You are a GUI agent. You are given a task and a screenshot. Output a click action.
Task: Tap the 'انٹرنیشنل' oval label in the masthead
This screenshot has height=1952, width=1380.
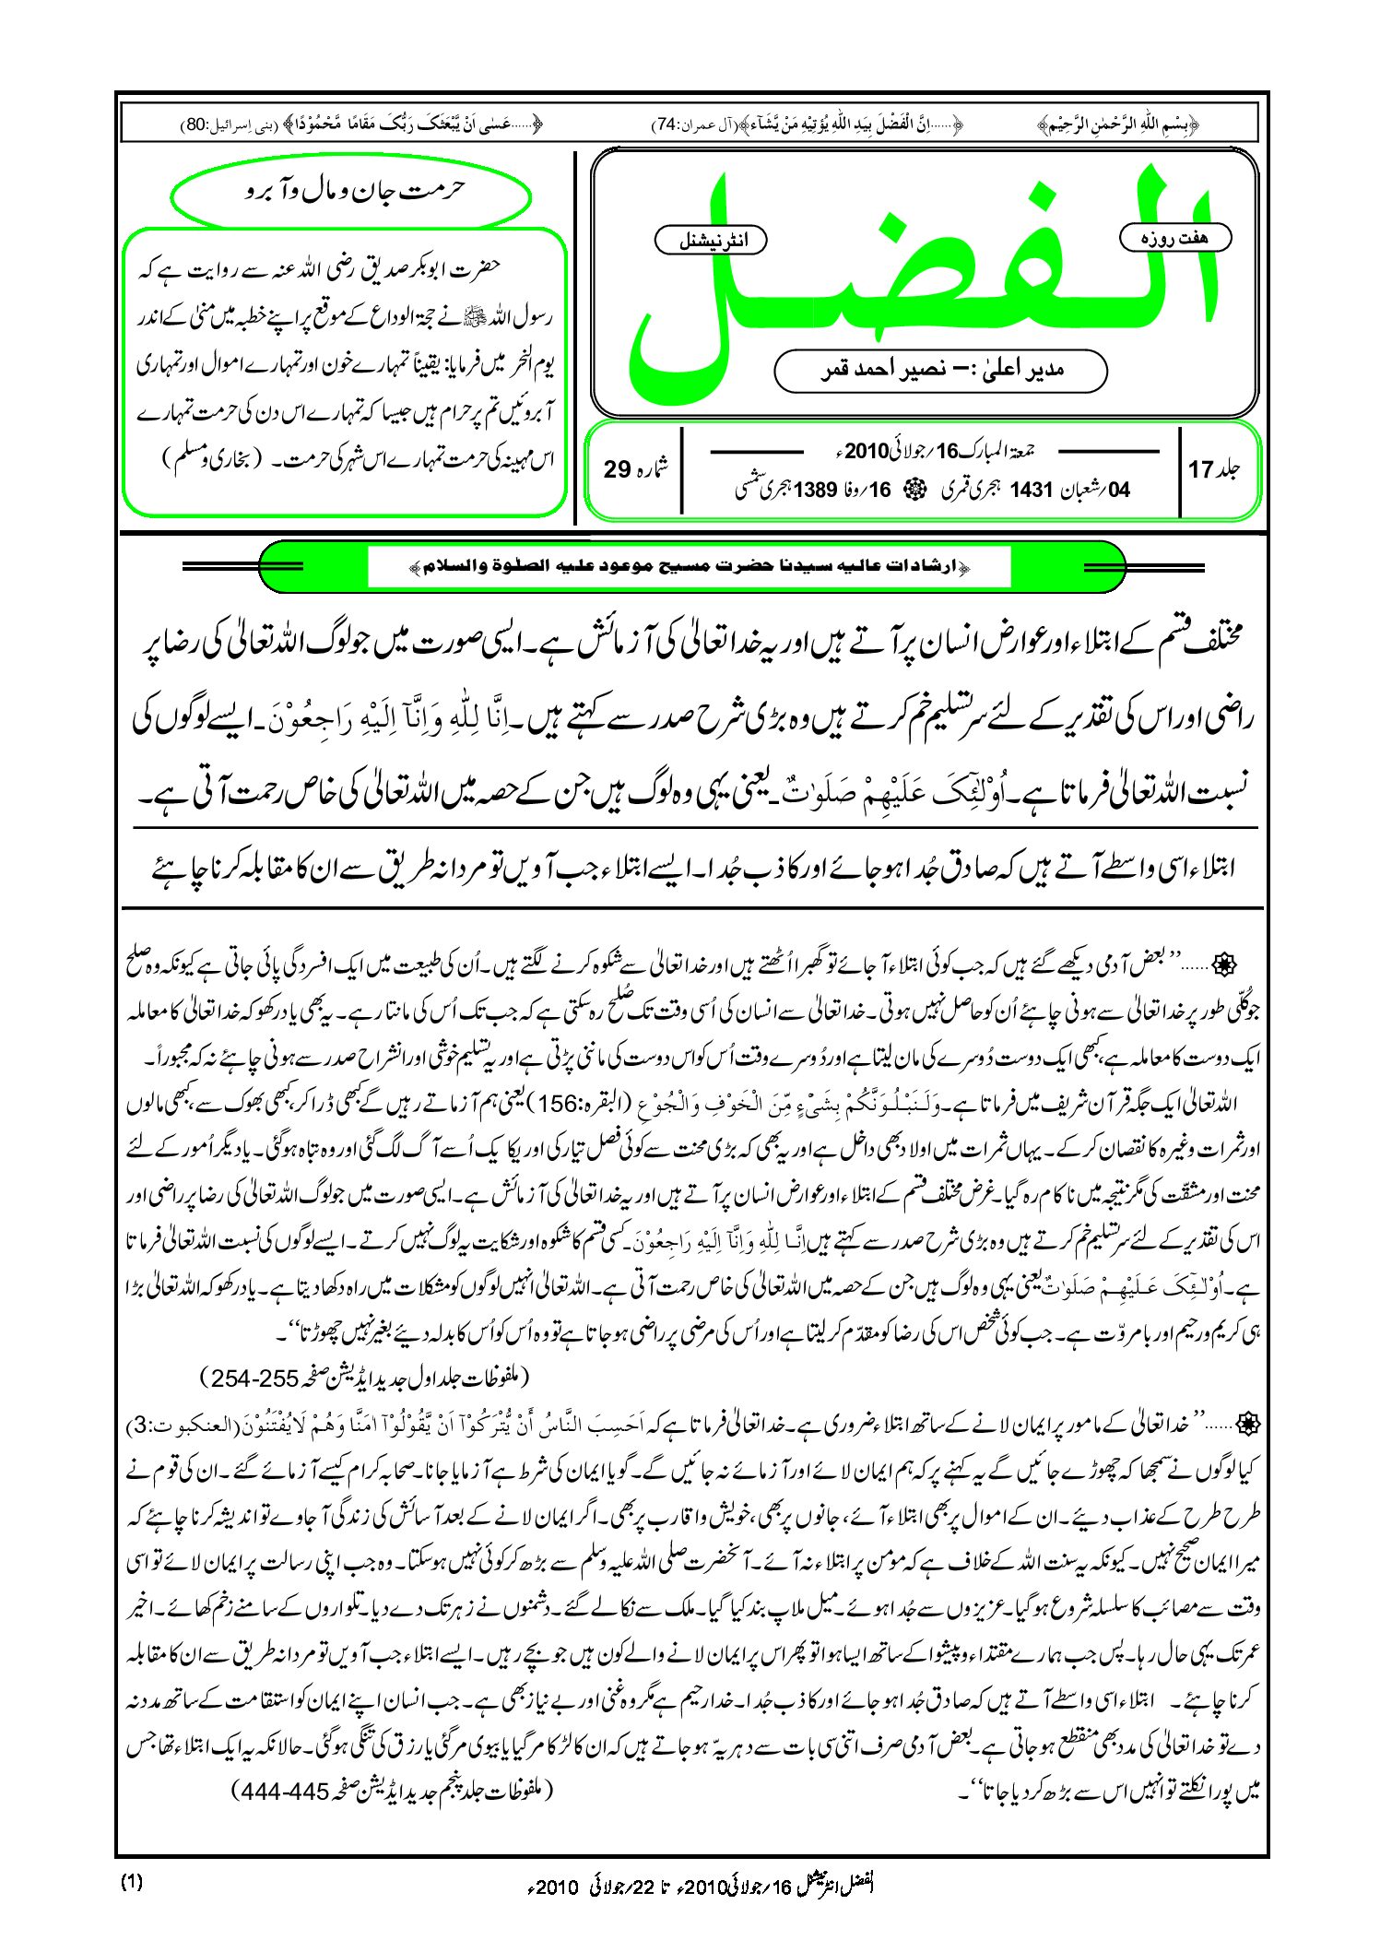(x=711, y=241)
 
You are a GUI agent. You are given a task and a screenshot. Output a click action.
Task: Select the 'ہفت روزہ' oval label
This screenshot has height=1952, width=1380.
(x=1174, y=238)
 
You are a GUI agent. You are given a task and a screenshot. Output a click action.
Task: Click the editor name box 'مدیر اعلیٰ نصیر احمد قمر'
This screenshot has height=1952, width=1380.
(x=940, y=371)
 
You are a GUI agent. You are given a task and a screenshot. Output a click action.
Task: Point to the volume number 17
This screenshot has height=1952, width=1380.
(x=1200, y=470)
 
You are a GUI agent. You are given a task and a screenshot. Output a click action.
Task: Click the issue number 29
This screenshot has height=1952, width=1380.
(x=618, y=470)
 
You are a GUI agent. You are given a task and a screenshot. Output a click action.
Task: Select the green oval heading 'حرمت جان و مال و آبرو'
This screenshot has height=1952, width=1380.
(x=351, y=192)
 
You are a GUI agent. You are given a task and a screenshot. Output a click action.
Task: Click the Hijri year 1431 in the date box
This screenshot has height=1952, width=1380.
(x=1031, y=491)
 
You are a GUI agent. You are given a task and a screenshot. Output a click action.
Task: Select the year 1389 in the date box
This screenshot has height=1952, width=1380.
(x=815, y=491)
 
